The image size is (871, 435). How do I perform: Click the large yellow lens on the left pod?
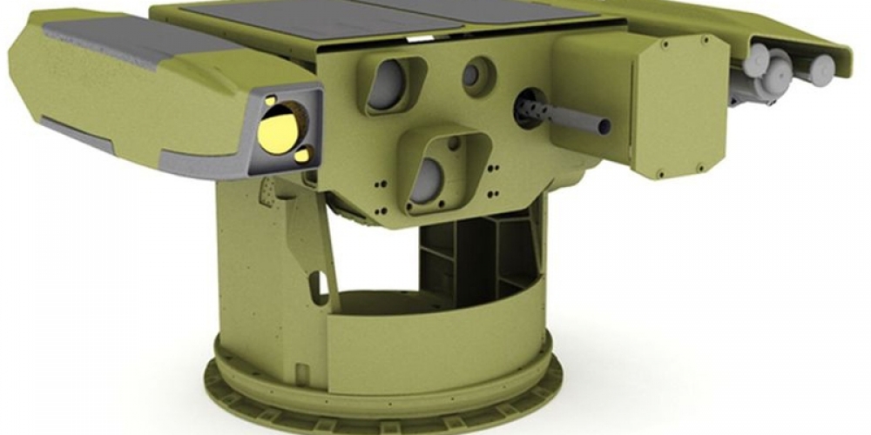[x=279, y=130]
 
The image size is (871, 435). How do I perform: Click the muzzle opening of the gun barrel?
[x=604, y=127]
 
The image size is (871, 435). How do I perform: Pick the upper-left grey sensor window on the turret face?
[x=387, y=84]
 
